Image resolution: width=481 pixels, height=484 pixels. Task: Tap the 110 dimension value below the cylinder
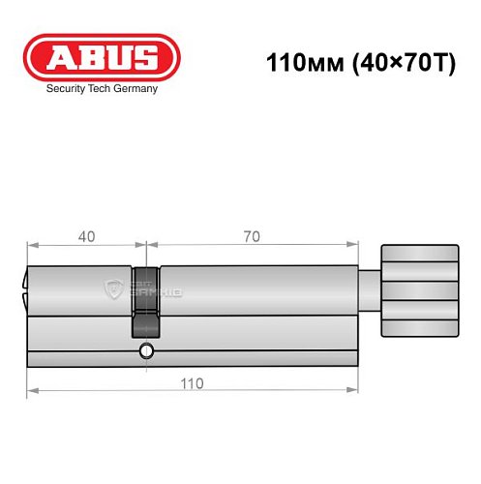190,384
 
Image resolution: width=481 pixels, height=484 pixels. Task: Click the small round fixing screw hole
145,349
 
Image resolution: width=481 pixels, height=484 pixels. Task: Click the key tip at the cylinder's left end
24,287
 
